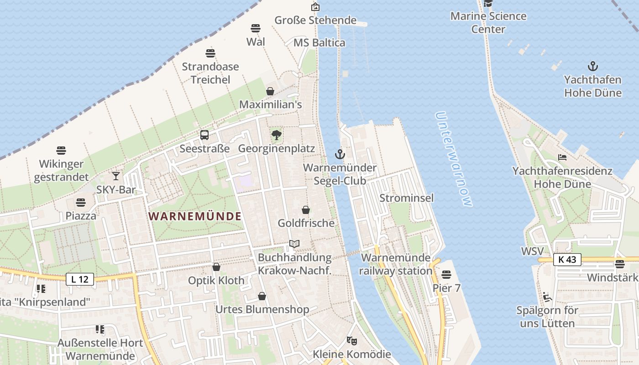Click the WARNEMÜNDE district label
pyautogui.click(x=195, y=216)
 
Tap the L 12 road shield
pyautogui.click(x=80, y=279)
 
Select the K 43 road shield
pyautogui.click(x=567, y=260)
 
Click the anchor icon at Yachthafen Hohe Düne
pyautogui.click(x=592, y=66)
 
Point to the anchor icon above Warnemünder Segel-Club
pyautogui.click(x=340, y=154)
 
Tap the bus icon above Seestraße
pyautogui.click(x=204, y=135)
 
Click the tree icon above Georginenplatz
pyautogui.click(x=276, y=135)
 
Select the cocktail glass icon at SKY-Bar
pyautogui.click(x=116, y=176)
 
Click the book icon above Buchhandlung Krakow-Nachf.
pyautogui.click(x=294, y=244)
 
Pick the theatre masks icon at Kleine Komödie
pyautogui.click(x=351, y=340)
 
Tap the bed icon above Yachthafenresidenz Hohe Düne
pyautogui.click(x=562, y=157)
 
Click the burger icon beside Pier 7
pyautogui.click(x=446, y=274)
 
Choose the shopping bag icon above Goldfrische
pyautogui.click(x=306, y=210)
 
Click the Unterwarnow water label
pyautogui.click(x=453, y=159)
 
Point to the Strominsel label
pyautogui.click(x=407, y=198)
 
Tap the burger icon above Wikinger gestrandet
pyautogui.click(x=61, y=150)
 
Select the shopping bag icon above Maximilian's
pyautogui.click(x=270, y=91)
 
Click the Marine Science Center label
pyautogui.click(x=488, y=22)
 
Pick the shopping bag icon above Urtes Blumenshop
pyautogui.click(x=262, y=297)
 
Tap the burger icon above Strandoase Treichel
pyautogui.click(x=210, y=53)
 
